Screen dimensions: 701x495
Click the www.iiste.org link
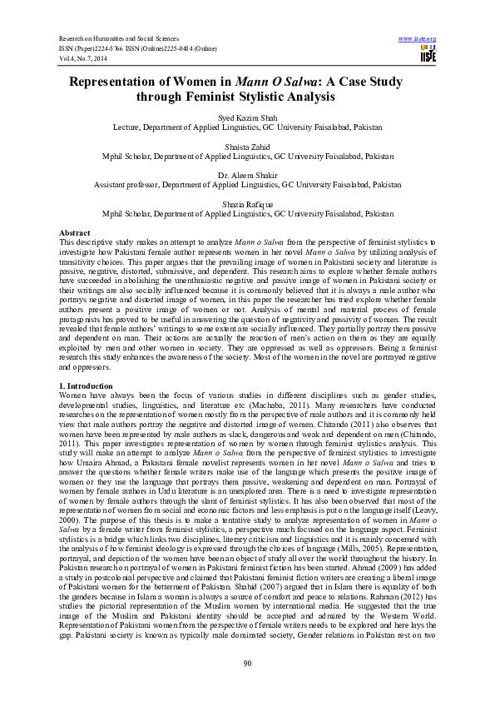tap(418, 39)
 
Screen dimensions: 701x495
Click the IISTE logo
tap(428, 55)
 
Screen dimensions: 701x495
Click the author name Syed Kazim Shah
tap(247, 119)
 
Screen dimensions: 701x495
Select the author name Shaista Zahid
tap(247, 147)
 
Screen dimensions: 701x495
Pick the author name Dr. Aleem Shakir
tap(247, 175)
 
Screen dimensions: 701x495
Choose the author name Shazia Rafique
tap(247, 203)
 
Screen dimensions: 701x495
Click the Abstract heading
tap(74, 231)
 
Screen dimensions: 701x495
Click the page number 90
tap(247, 662)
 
